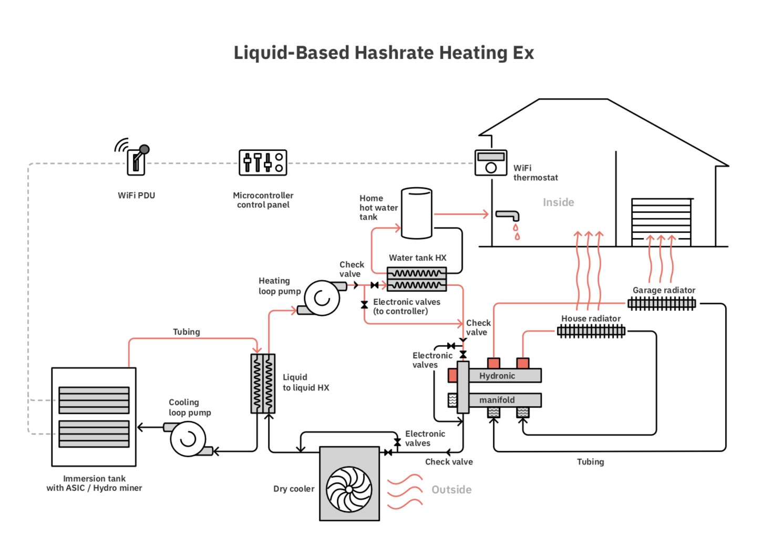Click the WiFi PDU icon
136,160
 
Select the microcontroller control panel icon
263,162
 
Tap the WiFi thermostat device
491,163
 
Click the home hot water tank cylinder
417,213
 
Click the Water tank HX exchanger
417,279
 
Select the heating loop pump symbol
322,298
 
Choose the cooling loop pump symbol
188,438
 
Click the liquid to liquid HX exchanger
263,384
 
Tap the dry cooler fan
349,489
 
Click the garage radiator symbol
662,303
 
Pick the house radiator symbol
591,331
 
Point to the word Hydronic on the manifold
497,376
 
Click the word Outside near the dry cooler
451,490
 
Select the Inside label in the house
558,202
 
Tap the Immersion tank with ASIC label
94,483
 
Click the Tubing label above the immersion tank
187,332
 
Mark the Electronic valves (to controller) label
406,306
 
